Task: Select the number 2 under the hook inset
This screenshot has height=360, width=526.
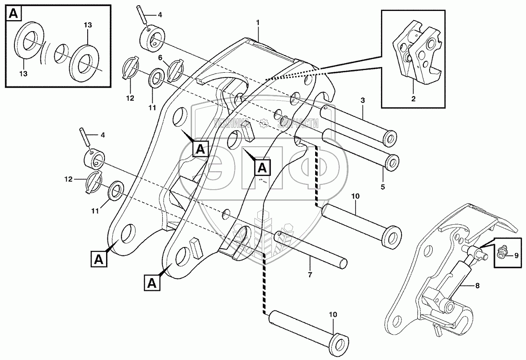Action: click(x=413, y=99)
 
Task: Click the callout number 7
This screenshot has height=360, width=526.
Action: click(x=310, y=275)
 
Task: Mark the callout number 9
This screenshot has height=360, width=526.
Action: click(x=516, y=255)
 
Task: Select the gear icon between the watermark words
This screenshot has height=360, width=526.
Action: click(x=263, y=124)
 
